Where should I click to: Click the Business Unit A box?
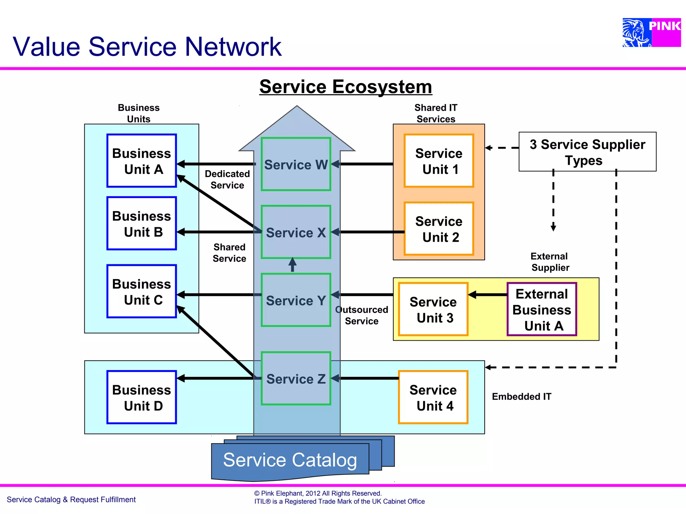click(x=141, y=161)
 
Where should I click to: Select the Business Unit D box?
click(x=141, y=397)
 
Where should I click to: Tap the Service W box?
click(x=296, y=164)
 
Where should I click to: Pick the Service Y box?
click(x=296, y=300)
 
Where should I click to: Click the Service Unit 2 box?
click(x=439, y=229)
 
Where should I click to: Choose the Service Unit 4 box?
click(x=433, y=397)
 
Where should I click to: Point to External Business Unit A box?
click(x=542, y=309)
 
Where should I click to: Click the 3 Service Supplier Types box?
click(x=587, y=152)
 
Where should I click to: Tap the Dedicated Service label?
click(x=227, y=180)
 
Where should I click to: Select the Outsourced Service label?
click(x=362, y=315)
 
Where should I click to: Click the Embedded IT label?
click(x=521, y=397)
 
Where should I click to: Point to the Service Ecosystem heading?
click(x=345, y=87)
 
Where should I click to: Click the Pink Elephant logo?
click(x=651, y=32)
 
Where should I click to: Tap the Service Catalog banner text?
click(x=290, y=460)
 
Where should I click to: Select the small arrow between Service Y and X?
click(x=292, y=265)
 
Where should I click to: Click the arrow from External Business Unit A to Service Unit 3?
click(x=487, y=295)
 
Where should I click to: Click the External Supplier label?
click(x=550, y=262)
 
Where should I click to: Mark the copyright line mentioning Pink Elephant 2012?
click(x=318, y=493)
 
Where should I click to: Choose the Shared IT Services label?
click(x=435, y=113)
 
